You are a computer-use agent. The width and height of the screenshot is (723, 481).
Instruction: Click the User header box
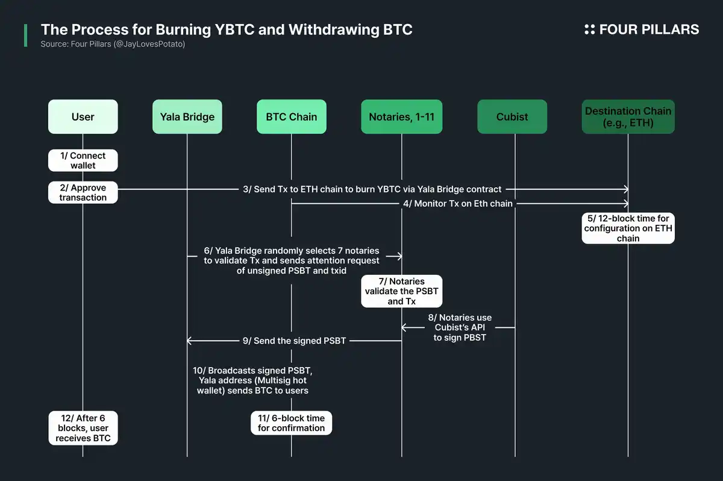(83, 116)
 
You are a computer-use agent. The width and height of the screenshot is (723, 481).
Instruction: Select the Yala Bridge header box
(187, 116)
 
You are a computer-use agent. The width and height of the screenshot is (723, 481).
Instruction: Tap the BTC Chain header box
(291, 116)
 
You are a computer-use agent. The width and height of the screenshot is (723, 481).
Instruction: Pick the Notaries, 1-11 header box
(402, 116)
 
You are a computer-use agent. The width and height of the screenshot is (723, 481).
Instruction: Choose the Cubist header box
(512, 116)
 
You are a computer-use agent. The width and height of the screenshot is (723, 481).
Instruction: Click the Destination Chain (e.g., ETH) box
(628, 116)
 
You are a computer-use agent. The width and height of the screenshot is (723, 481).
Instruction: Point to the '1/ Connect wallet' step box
(83, 160)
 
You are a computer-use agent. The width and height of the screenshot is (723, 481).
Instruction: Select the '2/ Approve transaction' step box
(83, 192)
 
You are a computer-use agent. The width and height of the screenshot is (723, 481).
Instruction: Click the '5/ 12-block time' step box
(628, 228)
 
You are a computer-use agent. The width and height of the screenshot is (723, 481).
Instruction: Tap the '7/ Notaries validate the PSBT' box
(402, 291)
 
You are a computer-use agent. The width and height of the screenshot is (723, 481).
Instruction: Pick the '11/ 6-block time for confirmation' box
(291, 423)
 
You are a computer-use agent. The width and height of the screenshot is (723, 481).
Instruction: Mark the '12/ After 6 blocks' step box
(83, 428)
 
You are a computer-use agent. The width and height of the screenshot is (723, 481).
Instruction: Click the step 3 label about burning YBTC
(372, 189)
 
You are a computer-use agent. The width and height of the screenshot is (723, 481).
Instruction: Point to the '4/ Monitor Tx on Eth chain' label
(457, 204)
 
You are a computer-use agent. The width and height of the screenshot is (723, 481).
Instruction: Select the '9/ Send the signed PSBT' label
(294, 341)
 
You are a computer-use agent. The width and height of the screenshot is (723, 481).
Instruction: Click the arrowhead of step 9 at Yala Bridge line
(190, 341)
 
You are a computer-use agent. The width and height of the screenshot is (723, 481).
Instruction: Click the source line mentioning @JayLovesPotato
(113, 44)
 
